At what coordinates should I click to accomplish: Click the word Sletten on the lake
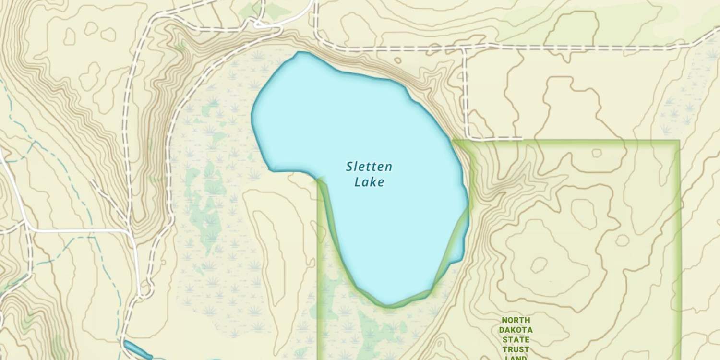point(369,167)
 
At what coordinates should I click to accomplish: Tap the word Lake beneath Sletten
point(369,182)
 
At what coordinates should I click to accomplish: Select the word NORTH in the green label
point(516,320)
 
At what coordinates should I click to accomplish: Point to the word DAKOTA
point(516,330)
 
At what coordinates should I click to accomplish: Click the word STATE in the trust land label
point(516,340)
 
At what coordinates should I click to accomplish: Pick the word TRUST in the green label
point(516,349)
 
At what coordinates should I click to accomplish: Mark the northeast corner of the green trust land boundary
point(679,141)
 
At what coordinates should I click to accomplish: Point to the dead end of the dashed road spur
point(521,138)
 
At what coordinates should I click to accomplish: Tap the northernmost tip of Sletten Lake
point(300,52)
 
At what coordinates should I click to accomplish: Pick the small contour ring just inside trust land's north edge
point(597,153)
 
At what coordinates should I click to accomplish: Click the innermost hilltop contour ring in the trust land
point(539,264)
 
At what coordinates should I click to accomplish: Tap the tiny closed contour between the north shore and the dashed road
point(397,60)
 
